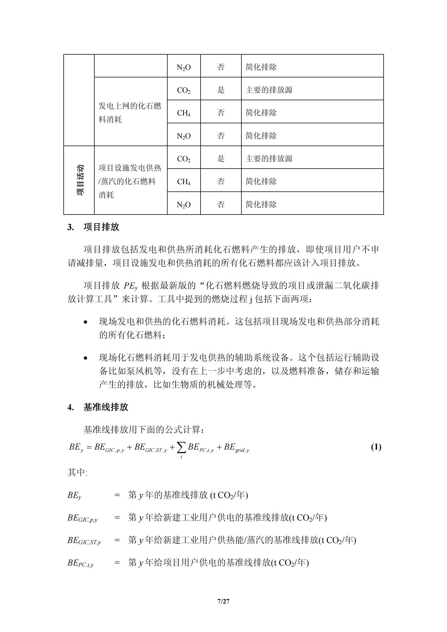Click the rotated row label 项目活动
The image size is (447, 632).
(80, 180)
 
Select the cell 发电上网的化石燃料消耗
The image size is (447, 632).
(130, 113)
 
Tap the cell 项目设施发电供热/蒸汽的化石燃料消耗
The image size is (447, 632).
(130, 181)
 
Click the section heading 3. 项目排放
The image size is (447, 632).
(93, 227)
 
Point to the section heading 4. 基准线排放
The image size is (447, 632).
(98, 407)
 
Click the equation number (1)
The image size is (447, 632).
(376, 447)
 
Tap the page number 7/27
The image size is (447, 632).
(223, 601)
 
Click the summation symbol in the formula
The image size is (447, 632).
(181, 448)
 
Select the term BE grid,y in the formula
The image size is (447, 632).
(236, 448)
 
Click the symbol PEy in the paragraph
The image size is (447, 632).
(130, 286)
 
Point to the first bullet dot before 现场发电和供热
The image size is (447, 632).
(86, 322)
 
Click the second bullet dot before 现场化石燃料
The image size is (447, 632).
(86, 358)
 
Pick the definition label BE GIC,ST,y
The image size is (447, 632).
(84, 541)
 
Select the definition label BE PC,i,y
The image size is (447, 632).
(81, 563)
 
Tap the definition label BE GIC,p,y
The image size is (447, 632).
(82, 518)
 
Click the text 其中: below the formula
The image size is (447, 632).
(77, 472)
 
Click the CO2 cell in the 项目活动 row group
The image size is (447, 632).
(184, 159)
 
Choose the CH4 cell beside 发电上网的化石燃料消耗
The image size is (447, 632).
(184, 113)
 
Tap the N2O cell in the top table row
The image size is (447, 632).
(184, 67)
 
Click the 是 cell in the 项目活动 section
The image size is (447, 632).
(221, 158)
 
